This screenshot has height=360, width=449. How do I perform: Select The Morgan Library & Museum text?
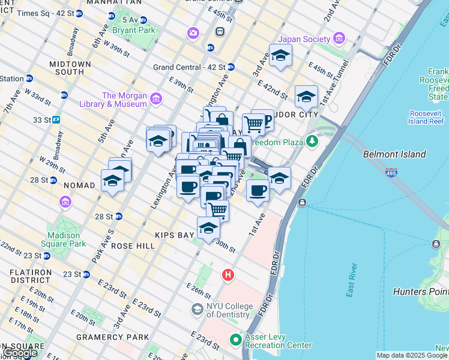tap(124, 100)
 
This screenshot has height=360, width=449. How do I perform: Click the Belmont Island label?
tap(394, 154)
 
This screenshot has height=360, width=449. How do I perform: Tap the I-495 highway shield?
tap(391, 173)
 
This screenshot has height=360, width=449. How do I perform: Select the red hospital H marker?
tap(228, 275)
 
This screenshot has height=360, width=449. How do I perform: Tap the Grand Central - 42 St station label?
tap(189, 67)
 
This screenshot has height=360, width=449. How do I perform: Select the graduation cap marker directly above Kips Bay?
tap(208, 229)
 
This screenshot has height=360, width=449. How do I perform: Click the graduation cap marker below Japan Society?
tap(280, 56)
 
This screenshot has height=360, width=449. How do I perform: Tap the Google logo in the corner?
tap(20, 353)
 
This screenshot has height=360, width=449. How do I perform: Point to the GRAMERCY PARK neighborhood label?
tap(112, 337)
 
